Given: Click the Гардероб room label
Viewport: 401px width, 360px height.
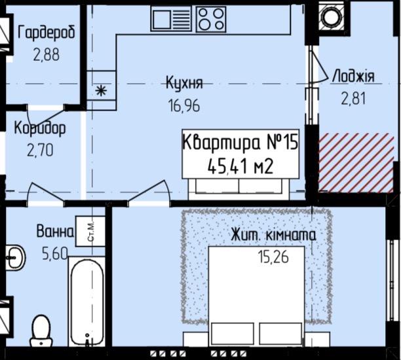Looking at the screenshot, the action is [47, 33].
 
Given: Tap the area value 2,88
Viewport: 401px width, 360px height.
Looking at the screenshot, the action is [47, 54].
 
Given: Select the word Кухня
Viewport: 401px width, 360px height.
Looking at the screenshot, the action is [185, 82].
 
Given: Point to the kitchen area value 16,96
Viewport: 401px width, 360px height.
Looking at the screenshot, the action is [184, 105].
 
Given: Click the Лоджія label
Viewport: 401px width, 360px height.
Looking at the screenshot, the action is [353, 76].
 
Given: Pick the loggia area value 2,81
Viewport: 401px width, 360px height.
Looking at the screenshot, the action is [353, 98].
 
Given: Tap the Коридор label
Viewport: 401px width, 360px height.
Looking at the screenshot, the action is [40, 128].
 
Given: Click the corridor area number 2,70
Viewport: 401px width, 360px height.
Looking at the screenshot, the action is [40, 150].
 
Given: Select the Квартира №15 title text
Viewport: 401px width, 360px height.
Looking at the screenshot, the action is [240, 142].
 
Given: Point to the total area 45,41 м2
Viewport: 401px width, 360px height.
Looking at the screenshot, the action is [240, 166].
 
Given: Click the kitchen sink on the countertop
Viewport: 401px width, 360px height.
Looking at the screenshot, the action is [171, 18].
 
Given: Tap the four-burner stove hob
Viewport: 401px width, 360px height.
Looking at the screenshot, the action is [211, 19].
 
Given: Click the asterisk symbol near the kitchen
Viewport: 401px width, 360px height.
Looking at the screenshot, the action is [102, 90].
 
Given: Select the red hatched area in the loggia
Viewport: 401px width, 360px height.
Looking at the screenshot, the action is [356, 162].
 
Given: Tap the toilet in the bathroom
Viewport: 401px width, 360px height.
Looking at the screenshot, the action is [41, 331].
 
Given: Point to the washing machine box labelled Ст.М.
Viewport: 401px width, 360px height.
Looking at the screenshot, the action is [90, 232].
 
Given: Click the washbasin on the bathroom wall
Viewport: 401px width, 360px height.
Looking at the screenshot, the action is [14, 257].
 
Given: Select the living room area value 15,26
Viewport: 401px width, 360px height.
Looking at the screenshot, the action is [273, 257].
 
